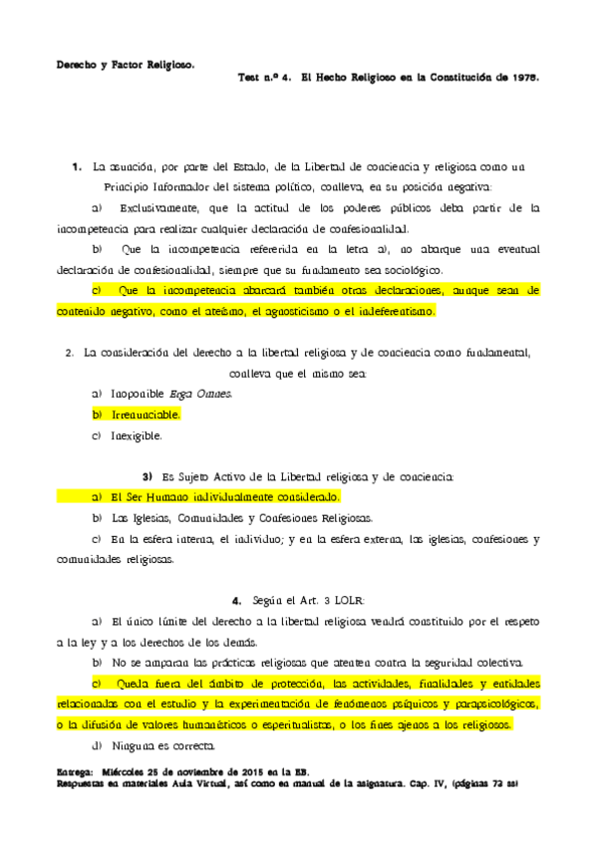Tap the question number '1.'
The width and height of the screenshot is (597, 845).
(76, 165)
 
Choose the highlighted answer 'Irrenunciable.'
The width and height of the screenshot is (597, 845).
(146, 414)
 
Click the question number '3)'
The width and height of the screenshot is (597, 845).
(148, 476)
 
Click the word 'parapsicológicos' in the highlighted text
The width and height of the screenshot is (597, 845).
(489, 704)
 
